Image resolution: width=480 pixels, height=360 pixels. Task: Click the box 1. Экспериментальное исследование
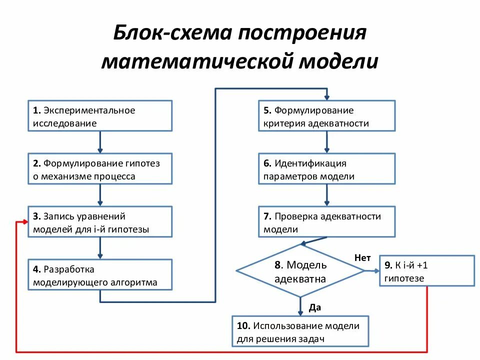pyautogui.click(x=100, y=116)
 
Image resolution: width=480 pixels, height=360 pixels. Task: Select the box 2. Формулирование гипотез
pyautogui.click(x=100, y=169)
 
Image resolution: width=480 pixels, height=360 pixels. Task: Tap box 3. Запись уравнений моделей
pyautogui.click(x=100, y=222)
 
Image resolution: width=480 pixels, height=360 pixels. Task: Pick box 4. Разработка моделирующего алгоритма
pyautogui.click(x=100, y=275)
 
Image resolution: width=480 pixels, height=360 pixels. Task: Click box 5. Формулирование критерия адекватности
pyautogui.click(x=326, y=116)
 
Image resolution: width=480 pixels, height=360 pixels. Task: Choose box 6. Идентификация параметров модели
pyautogui.click(x=326, y=169)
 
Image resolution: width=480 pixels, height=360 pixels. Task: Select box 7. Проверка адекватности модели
pyautogui.click(x=326, y=222)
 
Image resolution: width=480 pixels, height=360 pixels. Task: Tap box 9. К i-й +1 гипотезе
pyautogui.click(x=426, y=271)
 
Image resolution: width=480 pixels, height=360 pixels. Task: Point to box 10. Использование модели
pyautogui.click(x=300, y=331)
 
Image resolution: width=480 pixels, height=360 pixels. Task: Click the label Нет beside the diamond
pyautogui.click(x=362, y=257)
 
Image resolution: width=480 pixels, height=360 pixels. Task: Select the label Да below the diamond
pyautogui.click(x=314, y=307)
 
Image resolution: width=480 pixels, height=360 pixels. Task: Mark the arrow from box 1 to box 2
pyautogui.click(x=100, y=142)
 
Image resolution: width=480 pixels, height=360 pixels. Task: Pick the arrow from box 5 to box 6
pyautogui.click(x=327, y=142)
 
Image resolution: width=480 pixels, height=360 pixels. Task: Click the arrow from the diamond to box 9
pyautogui.click(x=372, y=271)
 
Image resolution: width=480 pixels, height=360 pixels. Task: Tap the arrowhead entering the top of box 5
pyautogui.click(x=327, y=97)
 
